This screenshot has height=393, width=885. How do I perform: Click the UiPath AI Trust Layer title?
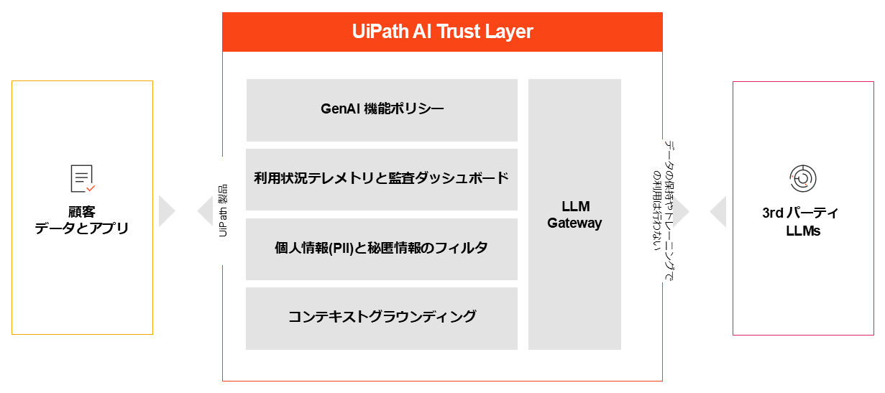442,32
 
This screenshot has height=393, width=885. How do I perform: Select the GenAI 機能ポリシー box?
382,109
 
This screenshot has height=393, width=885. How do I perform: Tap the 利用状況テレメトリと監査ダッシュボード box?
382,178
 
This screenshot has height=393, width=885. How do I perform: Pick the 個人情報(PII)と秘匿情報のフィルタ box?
382,248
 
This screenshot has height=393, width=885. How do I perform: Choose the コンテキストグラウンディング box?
382,317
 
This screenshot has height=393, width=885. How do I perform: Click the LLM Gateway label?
574,215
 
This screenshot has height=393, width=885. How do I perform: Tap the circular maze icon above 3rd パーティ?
800,177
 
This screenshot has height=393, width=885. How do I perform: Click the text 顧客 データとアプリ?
82,221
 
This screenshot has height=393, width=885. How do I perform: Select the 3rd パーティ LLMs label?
800,222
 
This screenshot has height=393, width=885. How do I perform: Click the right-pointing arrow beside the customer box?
167,211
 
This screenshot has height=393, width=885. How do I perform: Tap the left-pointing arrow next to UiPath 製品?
205,211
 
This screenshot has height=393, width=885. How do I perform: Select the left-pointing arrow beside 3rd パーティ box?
717,212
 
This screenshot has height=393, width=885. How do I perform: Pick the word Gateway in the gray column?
574,223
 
